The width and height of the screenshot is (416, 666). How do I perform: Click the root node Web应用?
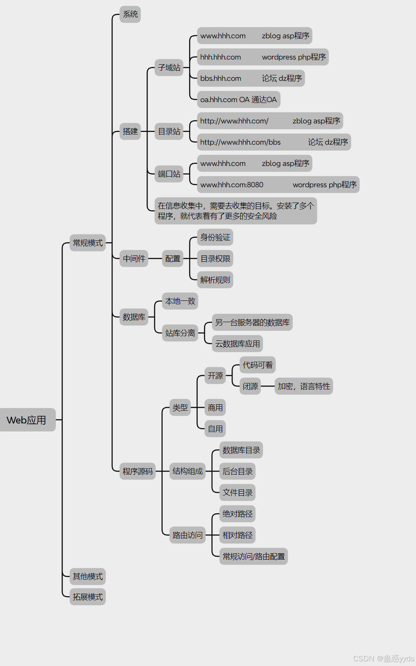[27, 420]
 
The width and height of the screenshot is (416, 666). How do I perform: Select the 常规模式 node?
[88, 243]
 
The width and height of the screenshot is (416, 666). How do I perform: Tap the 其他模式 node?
[88, 577]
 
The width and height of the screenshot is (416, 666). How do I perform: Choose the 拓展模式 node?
[88, 597]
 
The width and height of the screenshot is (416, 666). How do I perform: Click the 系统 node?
[130, 14]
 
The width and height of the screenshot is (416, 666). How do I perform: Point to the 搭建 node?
[130, 131]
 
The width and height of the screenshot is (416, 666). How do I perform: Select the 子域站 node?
[169, 68]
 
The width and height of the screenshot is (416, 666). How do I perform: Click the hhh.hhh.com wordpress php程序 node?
[263, 57]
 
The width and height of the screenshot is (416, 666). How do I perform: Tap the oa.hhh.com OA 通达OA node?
[238, 100]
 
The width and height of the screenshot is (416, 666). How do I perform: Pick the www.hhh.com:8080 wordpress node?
[278, 185]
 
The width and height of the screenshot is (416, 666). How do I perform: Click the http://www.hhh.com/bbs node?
[274, 142]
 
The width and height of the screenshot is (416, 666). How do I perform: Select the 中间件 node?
[134, 259]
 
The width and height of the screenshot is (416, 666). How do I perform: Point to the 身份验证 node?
[215, 237]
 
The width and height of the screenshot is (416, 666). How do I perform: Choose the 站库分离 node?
[180, 333]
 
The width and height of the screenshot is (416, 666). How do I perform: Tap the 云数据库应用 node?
[238, 344]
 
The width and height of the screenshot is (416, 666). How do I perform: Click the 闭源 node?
[250, 386]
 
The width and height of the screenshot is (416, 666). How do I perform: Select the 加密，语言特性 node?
[303, 386]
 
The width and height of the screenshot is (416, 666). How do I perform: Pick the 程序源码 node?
[137, 472]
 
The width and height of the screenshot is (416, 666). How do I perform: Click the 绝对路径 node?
[238, 514]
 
